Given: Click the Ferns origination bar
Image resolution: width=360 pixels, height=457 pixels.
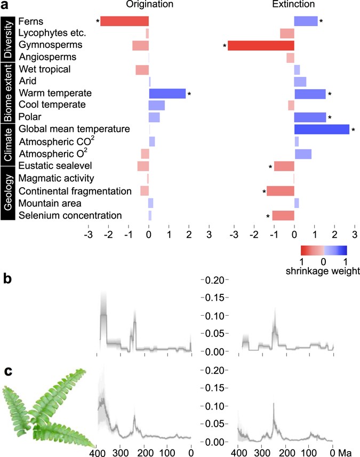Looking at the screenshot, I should tap(124, 21).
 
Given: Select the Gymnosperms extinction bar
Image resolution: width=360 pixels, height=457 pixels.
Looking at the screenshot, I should tap(261, 46).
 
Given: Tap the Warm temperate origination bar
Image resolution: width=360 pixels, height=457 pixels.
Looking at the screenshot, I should tap(167, 94).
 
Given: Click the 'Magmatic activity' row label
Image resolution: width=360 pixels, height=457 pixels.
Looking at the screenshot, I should tap(57, 178).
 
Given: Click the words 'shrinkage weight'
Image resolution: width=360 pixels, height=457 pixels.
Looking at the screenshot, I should tap(323, 271).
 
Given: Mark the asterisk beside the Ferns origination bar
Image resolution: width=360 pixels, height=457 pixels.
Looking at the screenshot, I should tap(97, 22).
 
